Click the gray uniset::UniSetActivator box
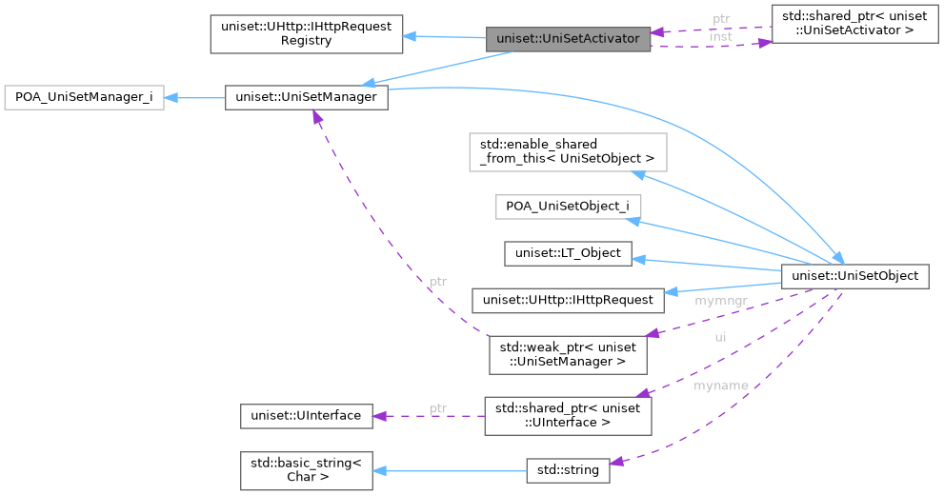click(x=569, y=39)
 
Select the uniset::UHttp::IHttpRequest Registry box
click(x=306, y=33)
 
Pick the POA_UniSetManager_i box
click(x=84, y=97)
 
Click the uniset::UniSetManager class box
click(x=306, y=97)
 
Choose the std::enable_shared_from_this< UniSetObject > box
click(x=568, y=151)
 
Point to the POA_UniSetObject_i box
click(x=568, y=207)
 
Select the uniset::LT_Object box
click(x=568, y=253)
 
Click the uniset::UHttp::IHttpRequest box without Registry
click(x=568, y=300)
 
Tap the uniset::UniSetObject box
click(x=854, y=276)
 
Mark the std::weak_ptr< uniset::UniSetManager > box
click(x=568, y=354)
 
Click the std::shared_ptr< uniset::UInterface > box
click(x=568, y=416)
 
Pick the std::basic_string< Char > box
click(x=306, y=470)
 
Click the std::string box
click(x=568, y=470)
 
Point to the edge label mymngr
click(x=720, y=301)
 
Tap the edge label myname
click(x=720, y=386)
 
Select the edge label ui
click(x=720, y=337)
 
